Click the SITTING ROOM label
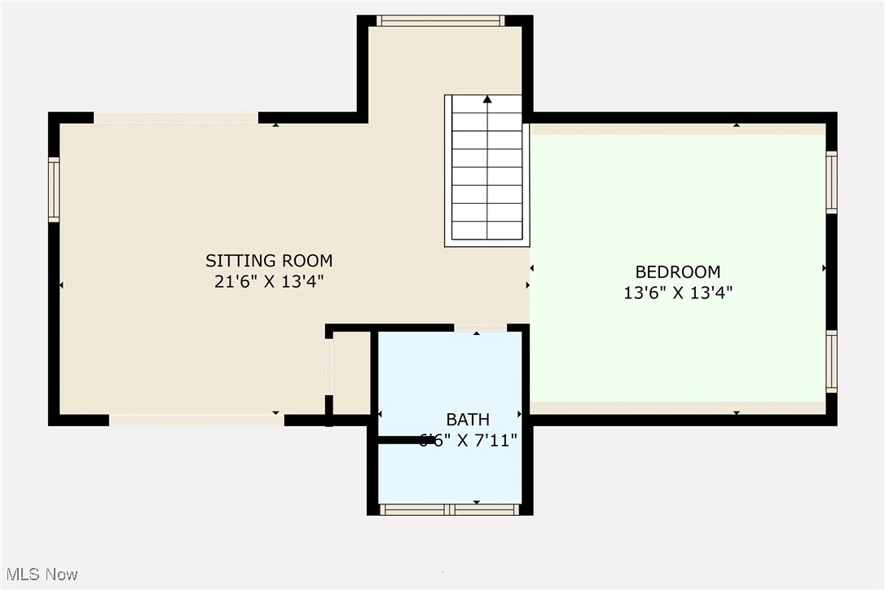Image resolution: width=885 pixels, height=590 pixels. (269, 262)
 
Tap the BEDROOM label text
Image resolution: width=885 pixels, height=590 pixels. (678, 272)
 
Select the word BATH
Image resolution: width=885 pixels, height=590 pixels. (468, 420)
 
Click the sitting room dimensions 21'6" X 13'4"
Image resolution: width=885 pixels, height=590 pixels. (269, 282)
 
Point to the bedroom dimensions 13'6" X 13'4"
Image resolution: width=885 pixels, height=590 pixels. (678, 293)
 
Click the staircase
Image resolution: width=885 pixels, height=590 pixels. (487, 171)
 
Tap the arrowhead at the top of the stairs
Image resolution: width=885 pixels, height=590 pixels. (487, 99)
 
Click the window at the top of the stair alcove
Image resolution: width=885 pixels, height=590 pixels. (441, 20)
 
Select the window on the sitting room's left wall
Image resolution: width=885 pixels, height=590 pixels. (54, 190)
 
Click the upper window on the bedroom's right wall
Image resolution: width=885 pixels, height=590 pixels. (831, 183)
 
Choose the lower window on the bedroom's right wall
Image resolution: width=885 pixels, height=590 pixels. (831, 361)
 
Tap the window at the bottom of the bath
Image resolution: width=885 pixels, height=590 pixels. (450, 510)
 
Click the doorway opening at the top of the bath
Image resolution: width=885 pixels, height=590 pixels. (479, 328)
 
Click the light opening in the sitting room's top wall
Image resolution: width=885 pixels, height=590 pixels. (176, 118)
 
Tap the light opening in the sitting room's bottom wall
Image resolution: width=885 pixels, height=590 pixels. (196, 420)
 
